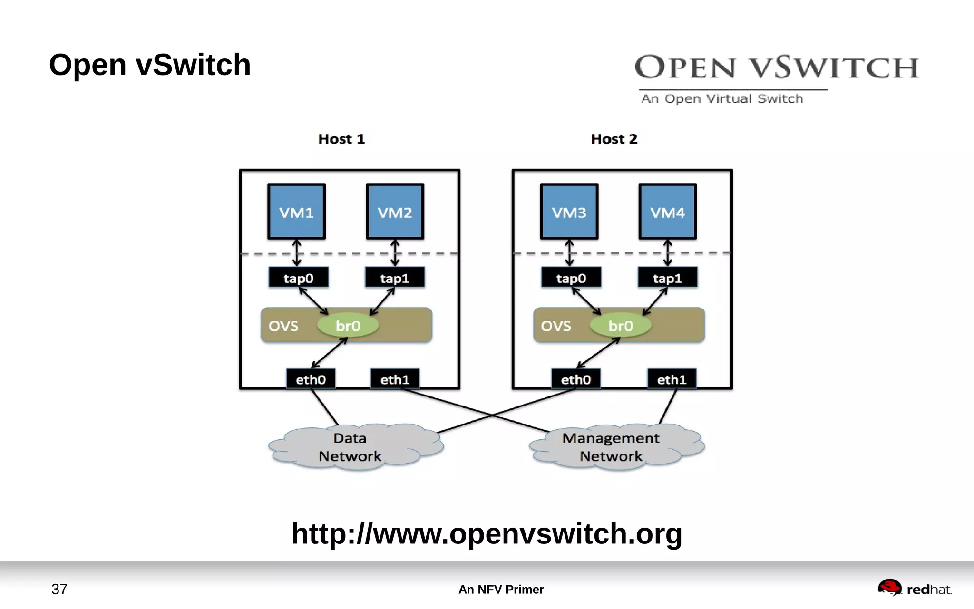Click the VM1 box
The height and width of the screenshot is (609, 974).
[x=296, y=212]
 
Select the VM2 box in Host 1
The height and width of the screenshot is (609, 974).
[x=395, y=212]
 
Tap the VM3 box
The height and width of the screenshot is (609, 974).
[x=569, y=212]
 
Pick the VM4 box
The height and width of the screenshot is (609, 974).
[x=667, y=212]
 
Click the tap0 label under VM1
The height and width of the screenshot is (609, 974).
[x=298, y=278]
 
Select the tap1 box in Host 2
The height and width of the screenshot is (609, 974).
[x=667, y=278]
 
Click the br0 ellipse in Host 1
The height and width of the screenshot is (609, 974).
[x=348, y=326]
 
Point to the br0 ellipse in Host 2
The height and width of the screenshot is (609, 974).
[x=620, y=326]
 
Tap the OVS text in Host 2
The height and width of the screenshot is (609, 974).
[x=555, y=326]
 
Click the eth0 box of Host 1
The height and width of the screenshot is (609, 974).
[x=311, y=379]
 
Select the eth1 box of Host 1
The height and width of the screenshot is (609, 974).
[x=395, y=379]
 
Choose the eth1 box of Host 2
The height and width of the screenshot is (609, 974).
[x=672, y=379]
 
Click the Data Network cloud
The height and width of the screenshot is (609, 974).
[x=351, y=447]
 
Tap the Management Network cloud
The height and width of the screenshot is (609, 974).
[x=612, y=447]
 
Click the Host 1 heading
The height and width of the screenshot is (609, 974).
[x=341, y=139]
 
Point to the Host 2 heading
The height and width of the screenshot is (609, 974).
[x=614, y=139]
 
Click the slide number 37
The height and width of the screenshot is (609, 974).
[x=59, y=589]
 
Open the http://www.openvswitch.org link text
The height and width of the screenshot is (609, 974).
[x=487, y=533]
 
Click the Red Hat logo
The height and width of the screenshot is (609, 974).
[x=915, y=589]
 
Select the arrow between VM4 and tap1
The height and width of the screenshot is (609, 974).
[x=667, y=253]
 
